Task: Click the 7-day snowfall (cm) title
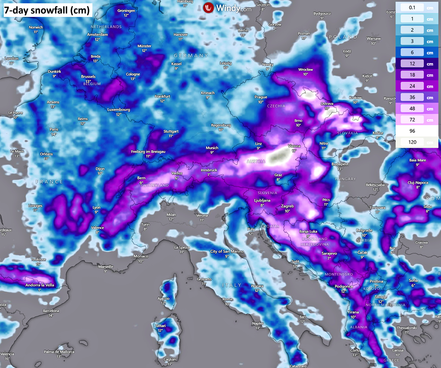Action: click(x=46, y=11)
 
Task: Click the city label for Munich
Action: click(x=212, y=148)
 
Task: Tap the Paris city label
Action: click(x=54, y=129)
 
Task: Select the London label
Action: click(x=11, y=59)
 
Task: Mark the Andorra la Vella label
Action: click(x=40, y=285)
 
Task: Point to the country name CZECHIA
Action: click(x=276, y=106)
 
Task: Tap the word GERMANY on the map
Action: click(x=191, y=55)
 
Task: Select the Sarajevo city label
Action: click(x=329, y=253)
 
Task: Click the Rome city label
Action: click(x=227, y=299)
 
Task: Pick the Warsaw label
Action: click(x=374, y=39)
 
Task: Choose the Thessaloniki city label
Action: click(x=406, y=328)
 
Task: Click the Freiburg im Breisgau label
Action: click(x=148, y=152)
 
